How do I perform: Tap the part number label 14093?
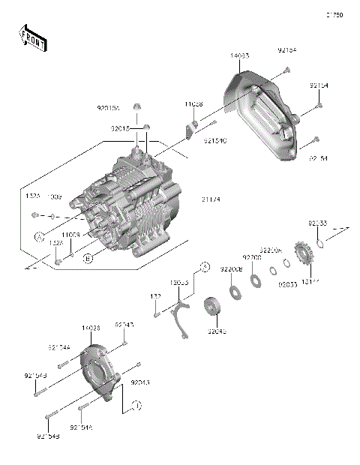[x=241, y=56]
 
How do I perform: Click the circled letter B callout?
[x=88, y=258]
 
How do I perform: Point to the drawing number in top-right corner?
[x=333, y=14]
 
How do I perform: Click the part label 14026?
[x=91, y=328]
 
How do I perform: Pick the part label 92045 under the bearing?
[x=217, y=331]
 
